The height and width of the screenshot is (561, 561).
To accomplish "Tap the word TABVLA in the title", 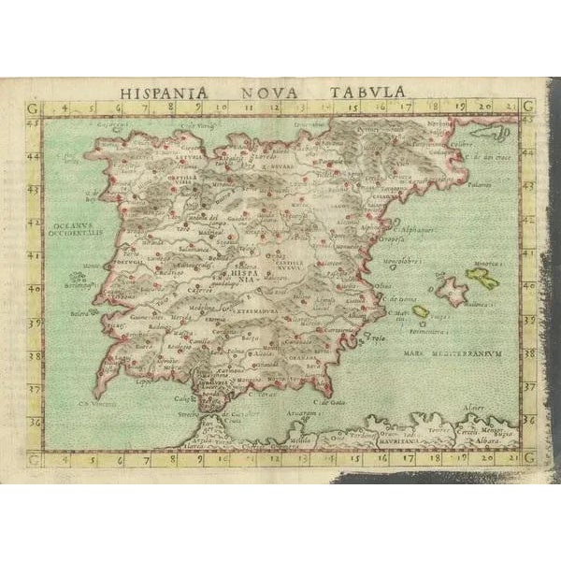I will coord(372,93).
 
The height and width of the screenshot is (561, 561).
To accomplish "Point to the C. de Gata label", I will coord(324,401).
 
